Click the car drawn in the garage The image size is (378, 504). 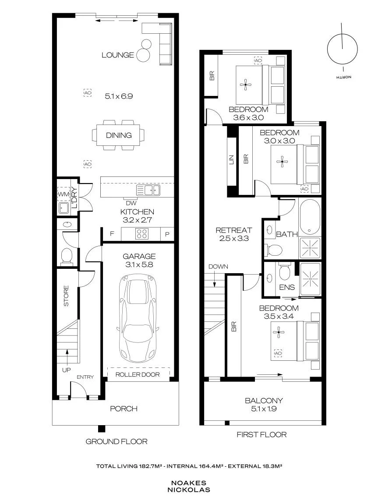coord(139,318)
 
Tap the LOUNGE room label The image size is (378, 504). coord(118,55)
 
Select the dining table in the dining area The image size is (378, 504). coord(119,135)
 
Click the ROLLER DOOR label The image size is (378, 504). coord(138,374)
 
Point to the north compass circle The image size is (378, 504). coord(343,49)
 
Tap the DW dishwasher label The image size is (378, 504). coord(131,203)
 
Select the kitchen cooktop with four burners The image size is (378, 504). coord(142,234)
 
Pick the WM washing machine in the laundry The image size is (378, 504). coord(64,194)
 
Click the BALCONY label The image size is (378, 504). coord(264,401)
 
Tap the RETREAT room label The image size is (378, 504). coord(234,230)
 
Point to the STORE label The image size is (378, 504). coord(66,296)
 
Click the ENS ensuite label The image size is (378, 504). coord(287,287)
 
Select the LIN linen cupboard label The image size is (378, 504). coord(231,160)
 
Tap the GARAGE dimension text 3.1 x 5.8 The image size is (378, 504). coord(139,264)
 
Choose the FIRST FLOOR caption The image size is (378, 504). coord(261,434)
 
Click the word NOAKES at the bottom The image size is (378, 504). coord(189,483)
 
